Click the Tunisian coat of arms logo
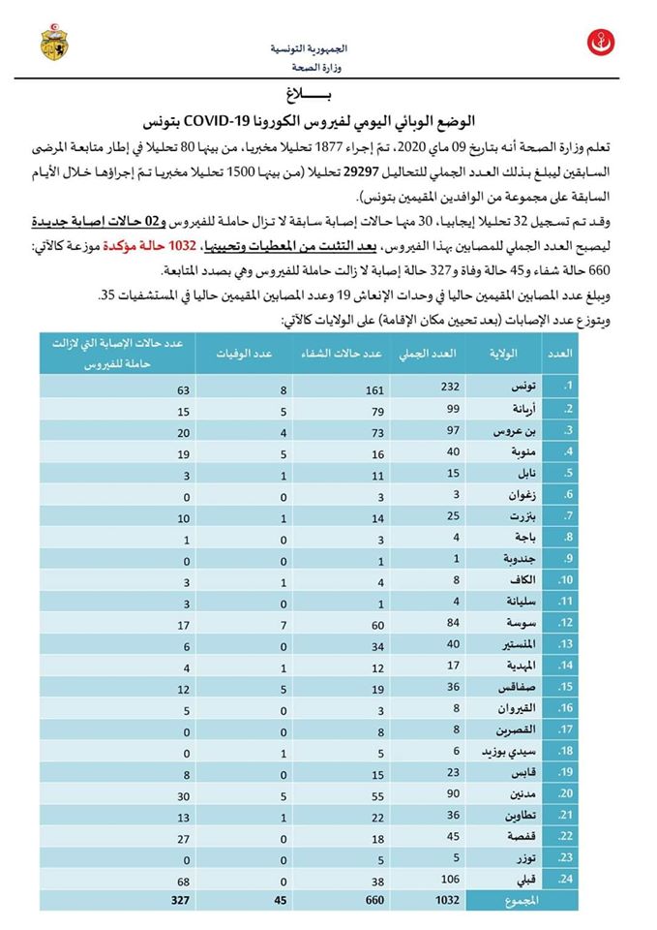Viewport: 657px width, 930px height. [x=52, y=43]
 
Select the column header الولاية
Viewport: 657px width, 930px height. [x=505, y=353]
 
